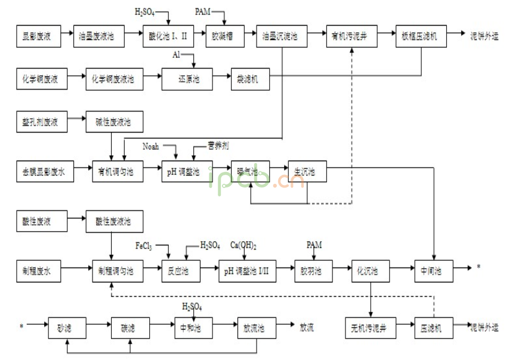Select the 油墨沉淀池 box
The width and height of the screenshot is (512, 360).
point(281,37)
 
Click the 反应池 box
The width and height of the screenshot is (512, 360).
point(178,270)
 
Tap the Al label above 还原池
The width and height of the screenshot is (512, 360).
point(177,56)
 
